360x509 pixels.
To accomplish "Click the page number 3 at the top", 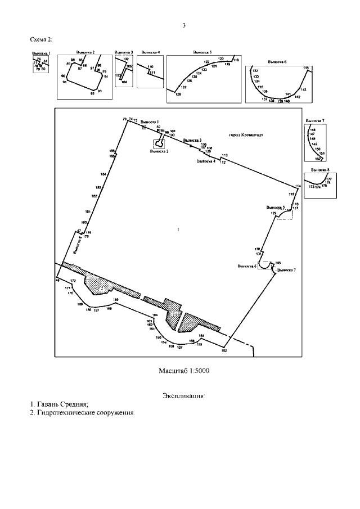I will (x=183, y=25).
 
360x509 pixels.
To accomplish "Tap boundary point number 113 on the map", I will (x=224, y=155).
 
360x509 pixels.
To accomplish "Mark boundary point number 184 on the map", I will (x=103, y=174).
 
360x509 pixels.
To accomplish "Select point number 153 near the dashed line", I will (x=224, y=350).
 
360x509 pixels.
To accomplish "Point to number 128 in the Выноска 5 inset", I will (x=178, y=94).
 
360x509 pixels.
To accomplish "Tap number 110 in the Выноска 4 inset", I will (x=150, y=67).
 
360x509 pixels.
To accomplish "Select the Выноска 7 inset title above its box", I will (x=314, y=121).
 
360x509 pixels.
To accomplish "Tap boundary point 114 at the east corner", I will (x=298, y=186).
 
